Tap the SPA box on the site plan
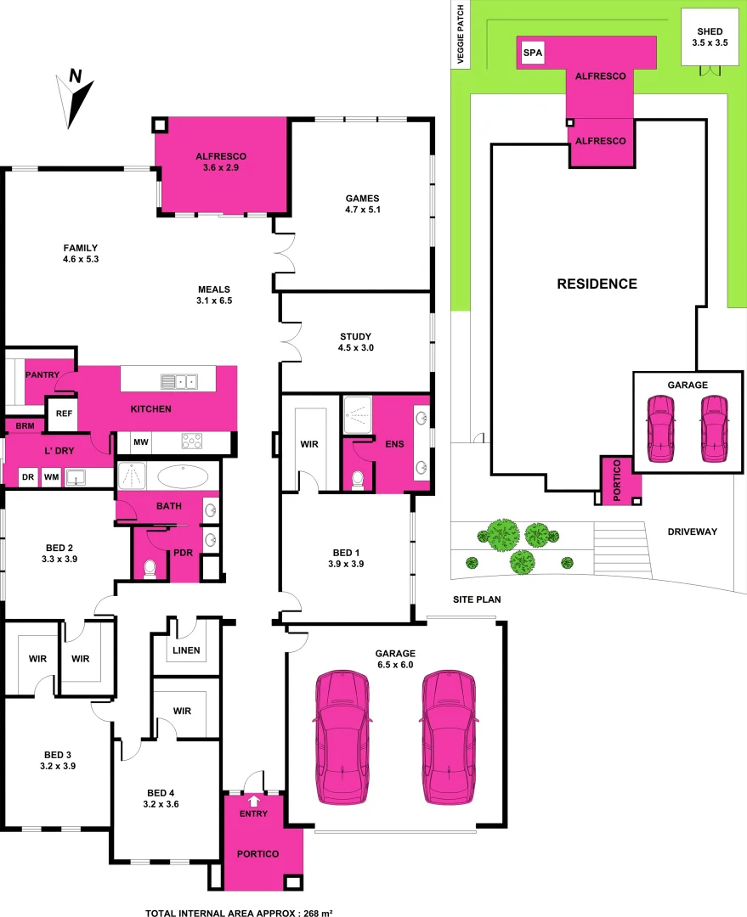point(532,54)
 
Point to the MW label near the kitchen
point(140,442)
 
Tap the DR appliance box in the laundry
point(28,478)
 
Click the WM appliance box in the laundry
point(51,478)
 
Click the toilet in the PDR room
point(151,568)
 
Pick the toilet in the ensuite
point(358,481)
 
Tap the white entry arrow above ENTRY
point(253,800)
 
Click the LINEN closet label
point(185,651)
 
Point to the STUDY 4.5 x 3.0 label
point(355,342)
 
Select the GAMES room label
point(362,204)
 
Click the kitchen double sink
point(180,381)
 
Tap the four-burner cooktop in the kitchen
point(191,442)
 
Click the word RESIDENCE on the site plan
point(597,284)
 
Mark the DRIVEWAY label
point(693,532)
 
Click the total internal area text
point(239,913)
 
